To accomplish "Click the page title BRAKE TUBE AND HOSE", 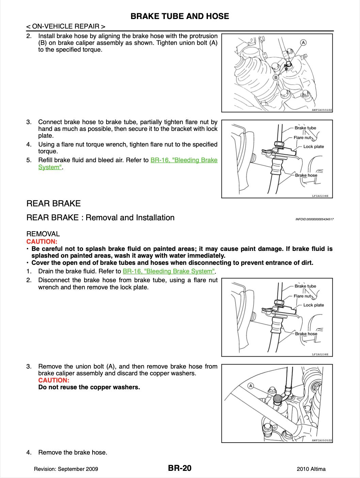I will [180, 16].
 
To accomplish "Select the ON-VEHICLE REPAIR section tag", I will [66, 27].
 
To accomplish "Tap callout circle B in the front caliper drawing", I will [276, 78].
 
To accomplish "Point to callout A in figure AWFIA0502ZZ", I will [303, 42].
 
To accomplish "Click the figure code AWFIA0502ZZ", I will [322, 110].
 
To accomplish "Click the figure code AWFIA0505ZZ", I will [322, 440].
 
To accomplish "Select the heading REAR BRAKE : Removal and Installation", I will [100, 218].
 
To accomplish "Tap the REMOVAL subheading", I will [43, 234].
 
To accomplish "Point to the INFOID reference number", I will [314, 219].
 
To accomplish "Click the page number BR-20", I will [180, 468].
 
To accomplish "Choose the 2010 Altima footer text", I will [311, 469].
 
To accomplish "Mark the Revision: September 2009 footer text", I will [66, 469].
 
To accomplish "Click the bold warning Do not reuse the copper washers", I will [89, 387].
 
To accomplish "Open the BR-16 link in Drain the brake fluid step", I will [169, 271].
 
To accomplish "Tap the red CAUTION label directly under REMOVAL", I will [42, 241].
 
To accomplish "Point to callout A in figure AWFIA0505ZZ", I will [251, 386].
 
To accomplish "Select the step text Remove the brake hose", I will [72, 453].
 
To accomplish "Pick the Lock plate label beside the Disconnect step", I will [313, 305].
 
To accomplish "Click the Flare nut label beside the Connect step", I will [302, 138].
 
